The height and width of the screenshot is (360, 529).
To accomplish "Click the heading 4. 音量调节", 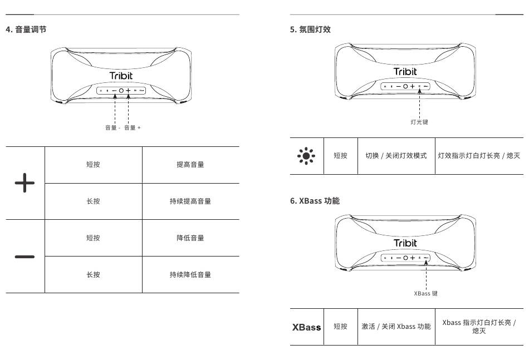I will tap(26, 29).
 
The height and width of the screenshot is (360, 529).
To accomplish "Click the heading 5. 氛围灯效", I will tap(310, 29).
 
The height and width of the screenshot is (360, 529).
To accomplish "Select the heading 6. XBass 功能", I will tap(315, 200).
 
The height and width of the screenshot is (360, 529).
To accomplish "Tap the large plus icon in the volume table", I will tap(25, 183).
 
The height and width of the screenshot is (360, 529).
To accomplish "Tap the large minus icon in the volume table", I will tap(25, 257).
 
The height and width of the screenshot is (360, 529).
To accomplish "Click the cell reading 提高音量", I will tap(190, 165).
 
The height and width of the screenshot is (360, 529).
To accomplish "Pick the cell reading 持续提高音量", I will tap(190, 201).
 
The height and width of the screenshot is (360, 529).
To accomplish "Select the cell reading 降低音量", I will tap(190, 238).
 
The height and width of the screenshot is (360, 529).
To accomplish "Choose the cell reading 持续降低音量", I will tap(190, 275).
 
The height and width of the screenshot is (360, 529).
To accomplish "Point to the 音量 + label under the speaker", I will tap(133, 128).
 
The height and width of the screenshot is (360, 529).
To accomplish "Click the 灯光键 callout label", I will tap(419, 122).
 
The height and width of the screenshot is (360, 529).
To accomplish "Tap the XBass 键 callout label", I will tap(425, 293).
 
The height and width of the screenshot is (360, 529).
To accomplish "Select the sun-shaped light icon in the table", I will tap(306, 156).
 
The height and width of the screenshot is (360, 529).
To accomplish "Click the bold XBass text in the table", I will tap(307, 327).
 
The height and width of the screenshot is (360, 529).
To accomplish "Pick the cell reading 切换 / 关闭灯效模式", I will tap(396, 156).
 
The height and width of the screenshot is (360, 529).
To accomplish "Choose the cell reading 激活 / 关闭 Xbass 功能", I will tap(396, 327).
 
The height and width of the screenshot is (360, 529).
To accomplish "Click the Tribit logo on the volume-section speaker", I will tap(121, 76).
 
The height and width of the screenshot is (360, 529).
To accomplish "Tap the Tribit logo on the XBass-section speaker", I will tap(405, 243).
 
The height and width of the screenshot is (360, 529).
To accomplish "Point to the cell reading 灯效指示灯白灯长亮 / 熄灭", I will tap(479, 156).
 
